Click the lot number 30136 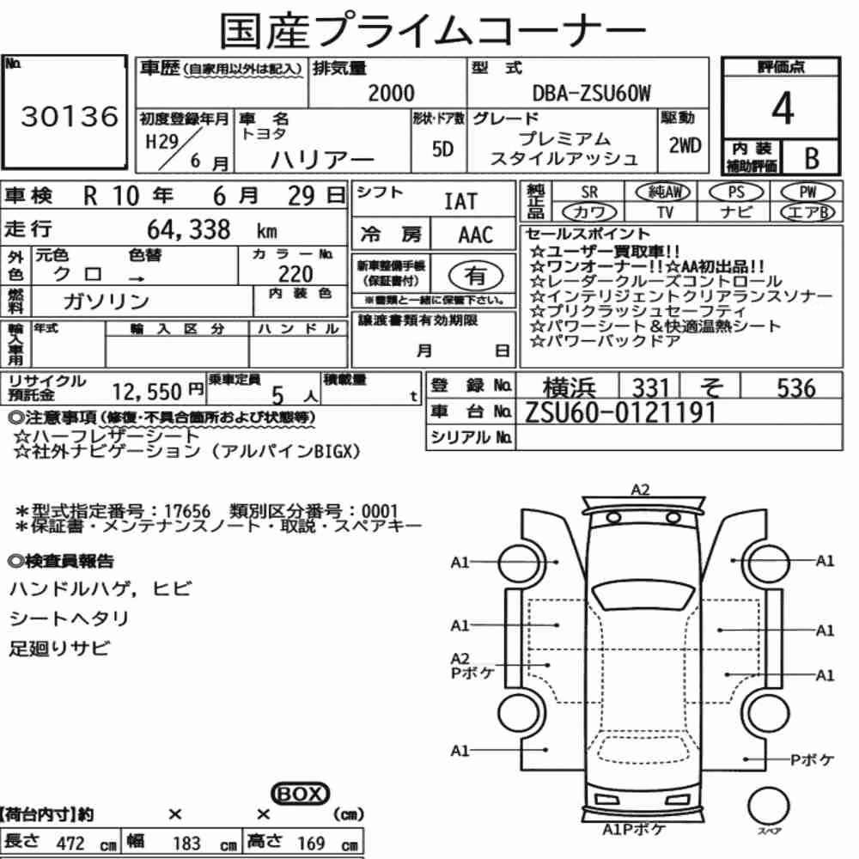70,116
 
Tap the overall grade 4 783,108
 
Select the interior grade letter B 812,158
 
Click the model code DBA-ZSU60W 592,94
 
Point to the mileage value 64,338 188,229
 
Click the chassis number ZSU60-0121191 621,412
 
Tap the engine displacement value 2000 391,93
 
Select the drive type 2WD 685,146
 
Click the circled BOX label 300,794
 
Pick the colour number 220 295,274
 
